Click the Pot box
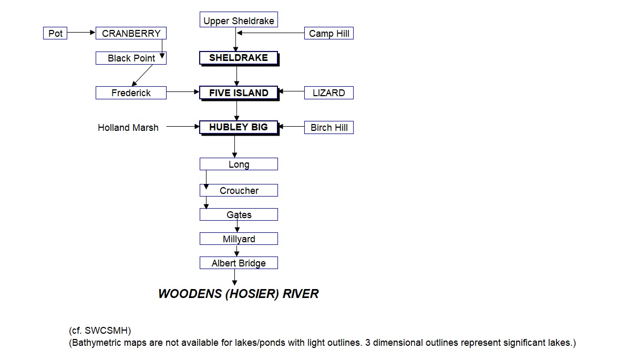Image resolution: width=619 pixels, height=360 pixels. pos(55,34)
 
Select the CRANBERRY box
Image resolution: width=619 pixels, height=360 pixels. pos(131,34)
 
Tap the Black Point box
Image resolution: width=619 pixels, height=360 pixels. pos(131,58)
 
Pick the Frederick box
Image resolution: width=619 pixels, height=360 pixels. pos(131,93)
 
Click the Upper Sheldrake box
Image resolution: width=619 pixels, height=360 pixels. pos(239,21)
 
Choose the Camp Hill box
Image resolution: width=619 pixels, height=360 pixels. pos(329,34)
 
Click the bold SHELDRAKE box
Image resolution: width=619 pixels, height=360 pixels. pos(239,58)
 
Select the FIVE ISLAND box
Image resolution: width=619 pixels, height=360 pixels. pos(239,93)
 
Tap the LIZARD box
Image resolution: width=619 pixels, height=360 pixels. pos(329,93)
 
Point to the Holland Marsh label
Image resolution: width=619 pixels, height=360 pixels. pos(128,127)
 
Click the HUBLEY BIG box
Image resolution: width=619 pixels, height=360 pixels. pos(239,127)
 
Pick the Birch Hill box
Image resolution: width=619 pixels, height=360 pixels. pos(329,128)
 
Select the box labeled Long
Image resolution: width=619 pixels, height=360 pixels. pos(239,164)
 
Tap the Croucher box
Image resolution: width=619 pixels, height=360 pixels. pos(239,190)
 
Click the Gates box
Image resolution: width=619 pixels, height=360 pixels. pos(239,214)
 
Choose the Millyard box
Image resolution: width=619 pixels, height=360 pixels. pos(239,239)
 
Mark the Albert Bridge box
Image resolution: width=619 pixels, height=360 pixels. pos(239,263)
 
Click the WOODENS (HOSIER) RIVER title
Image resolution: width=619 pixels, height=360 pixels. pos(238,294)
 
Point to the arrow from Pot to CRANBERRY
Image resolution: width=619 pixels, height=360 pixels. pos(81,33)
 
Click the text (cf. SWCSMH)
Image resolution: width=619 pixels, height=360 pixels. pos(100,331)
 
